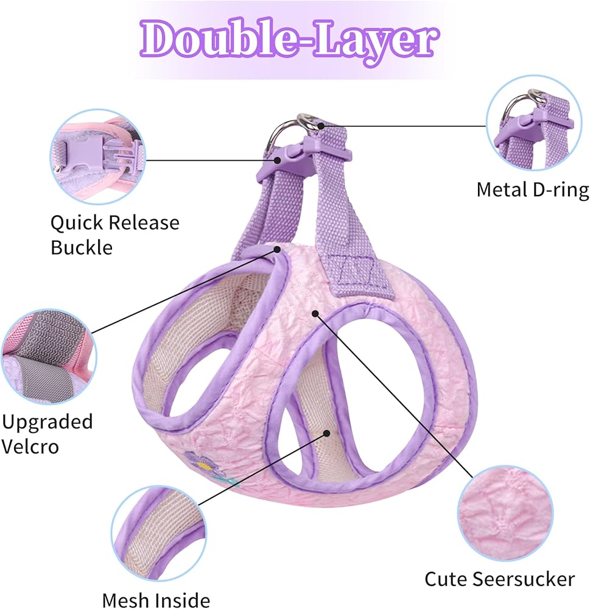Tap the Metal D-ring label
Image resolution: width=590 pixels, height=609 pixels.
click(533, 190)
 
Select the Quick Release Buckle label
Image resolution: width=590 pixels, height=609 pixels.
click(115, 234)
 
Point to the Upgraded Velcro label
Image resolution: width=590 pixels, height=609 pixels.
click(47, 434)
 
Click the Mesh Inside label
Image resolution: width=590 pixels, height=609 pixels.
click(156, 600)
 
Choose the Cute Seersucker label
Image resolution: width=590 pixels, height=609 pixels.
click(499, 579)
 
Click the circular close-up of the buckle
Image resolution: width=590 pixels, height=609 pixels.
click(98, 157)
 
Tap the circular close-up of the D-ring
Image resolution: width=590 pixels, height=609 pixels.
click(534, 123)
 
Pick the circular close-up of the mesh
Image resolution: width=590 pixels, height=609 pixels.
click(159, 533)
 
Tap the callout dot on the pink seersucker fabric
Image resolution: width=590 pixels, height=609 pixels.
click(315, 313)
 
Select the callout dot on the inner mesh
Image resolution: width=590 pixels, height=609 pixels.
click(327, 434)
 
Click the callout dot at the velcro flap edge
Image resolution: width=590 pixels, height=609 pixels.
click(277, 249)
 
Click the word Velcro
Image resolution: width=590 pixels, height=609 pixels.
click(30, 446)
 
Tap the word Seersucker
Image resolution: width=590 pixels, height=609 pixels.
click(525, 579)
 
